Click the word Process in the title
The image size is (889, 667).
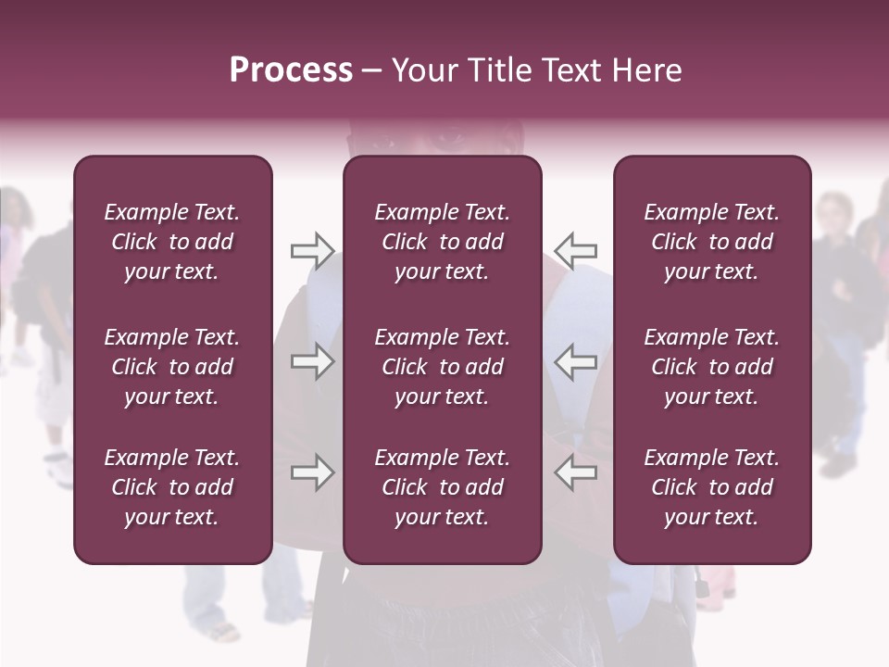[291, 70]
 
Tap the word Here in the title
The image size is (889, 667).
[648, 70]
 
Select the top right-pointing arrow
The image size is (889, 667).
[312, 251]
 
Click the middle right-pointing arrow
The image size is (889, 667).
[312, 361]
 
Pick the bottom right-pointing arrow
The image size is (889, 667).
[312, 472]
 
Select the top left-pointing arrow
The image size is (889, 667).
[575, 251]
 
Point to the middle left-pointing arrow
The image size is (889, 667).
[575, 361]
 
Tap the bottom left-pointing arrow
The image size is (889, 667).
[575, 472]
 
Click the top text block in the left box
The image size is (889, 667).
[172, 242]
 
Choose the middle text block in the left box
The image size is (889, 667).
[172, 367]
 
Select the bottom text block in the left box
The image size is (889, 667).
[172, 487]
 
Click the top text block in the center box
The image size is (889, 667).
[443, 242]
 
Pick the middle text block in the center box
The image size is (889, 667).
[443, 367]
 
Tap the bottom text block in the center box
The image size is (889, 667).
[443, 487]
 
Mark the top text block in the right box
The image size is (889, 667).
[712, 242]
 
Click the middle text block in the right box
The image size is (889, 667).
[712, 367]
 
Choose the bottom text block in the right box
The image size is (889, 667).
[712, 487]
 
